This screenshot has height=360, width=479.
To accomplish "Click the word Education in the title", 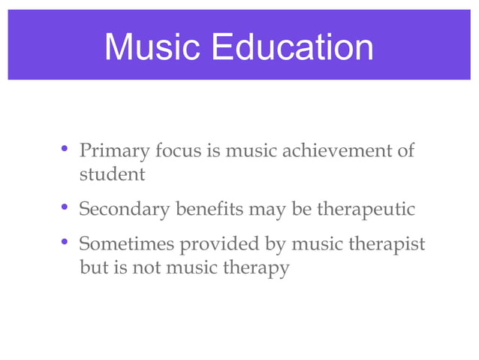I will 292,47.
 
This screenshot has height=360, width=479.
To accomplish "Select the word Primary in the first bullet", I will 113,152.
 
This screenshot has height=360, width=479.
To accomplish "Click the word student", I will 112,175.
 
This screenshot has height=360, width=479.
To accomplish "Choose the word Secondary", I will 124,210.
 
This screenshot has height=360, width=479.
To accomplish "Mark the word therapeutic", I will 365,210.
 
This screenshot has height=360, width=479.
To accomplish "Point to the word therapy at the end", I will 255,268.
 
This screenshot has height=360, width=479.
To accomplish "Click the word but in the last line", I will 93,268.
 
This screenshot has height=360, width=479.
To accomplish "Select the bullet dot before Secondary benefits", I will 65,207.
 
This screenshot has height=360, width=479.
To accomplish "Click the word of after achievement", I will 405,151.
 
